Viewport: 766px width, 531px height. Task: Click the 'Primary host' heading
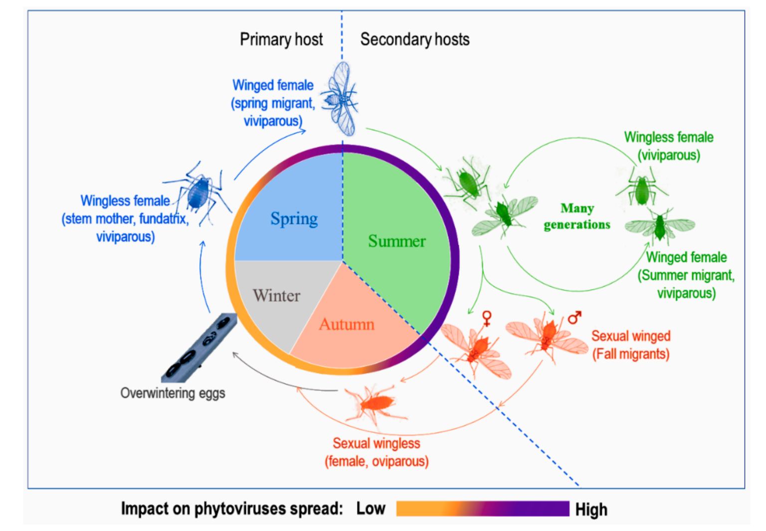tap(281, 39)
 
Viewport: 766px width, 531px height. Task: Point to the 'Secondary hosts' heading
tap(415, 39)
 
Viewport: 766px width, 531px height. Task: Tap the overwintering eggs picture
tap(199, 349)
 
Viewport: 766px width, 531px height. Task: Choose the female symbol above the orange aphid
tap(487, 318)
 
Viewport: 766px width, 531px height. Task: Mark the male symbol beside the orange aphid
tap(574, 317)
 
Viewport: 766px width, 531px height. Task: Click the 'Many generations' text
tap(577, 216)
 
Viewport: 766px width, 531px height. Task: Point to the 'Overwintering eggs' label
tap(173, 393)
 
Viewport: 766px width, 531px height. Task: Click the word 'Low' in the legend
tap(371, 509)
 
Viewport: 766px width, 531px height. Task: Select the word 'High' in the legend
tap(591, 510)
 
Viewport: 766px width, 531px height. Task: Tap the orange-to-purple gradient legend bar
tap(482, 509)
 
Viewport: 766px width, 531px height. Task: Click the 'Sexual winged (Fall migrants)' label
tap(631, 345)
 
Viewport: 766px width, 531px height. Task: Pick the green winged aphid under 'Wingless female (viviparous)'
tap(660, 225)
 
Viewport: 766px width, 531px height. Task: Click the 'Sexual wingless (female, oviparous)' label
tap(377, 452)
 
